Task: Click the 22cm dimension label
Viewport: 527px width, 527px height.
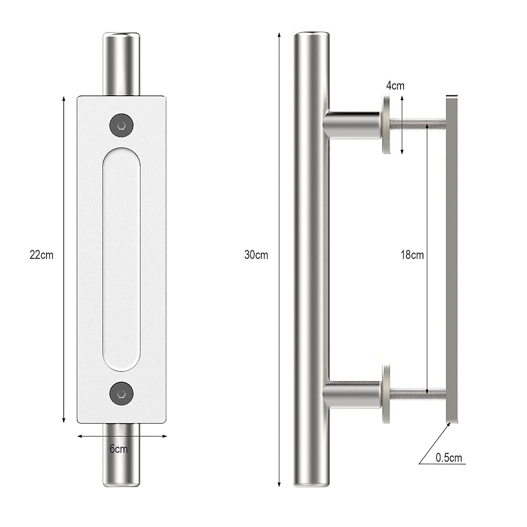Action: (x=41, y=255)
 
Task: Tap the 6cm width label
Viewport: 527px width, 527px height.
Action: (x=119, y=449)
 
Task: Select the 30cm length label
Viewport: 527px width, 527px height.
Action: (x=256, y=255)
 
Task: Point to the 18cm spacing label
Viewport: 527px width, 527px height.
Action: (x=412, y=255)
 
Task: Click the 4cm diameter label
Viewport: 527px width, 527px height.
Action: (x=395, y=86)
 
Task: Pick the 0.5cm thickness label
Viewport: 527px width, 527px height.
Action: (x=449, y=458)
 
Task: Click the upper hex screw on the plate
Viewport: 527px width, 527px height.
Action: (x=122, y=126)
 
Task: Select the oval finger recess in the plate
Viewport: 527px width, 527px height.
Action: (x=122, y=259)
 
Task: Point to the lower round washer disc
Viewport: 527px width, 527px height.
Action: (x=386, y=393)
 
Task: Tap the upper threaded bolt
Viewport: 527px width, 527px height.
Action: (x=417, y=124)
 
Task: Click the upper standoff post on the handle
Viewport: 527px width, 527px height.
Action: (x=351, y=124)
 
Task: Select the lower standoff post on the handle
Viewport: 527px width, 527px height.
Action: (x=351, y=393)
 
